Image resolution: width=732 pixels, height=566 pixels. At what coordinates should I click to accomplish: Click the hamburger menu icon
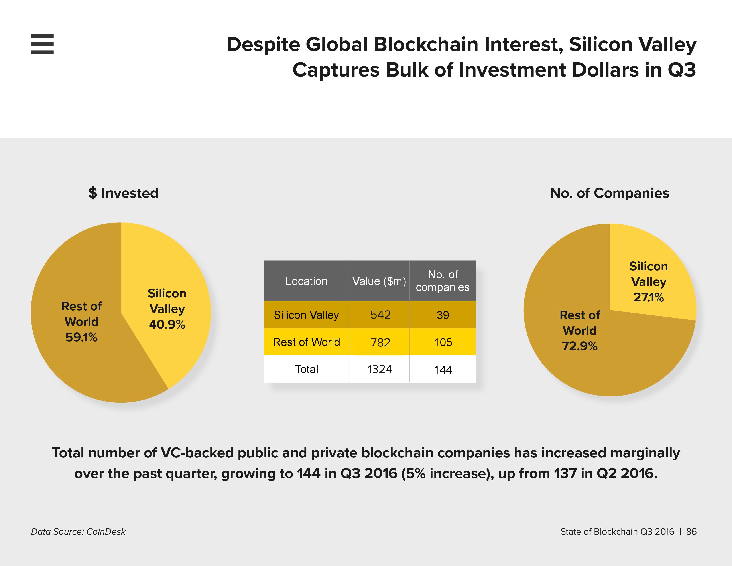click(42, 44)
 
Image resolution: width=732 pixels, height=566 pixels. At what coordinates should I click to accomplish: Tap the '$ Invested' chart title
click(123, 193)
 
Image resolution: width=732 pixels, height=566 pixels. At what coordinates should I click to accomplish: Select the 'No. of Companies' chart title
click(609, 193)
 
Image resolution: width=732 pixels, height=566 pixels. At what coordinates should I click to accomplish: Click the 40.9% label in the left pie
click(167, 324)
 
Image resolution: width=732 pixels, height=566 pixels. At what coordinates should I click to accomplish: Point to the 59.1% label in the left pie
click(81, 337)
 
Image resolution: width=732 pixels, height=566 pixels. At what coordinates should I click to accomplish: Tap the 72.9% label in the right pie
click(579, 346)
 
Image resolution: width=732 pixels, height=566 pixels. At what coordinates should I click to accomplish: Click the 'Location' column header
click(306, 281)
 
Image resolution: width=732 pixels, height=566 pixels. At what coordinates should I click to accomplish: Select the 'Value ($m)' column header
click(379, 281)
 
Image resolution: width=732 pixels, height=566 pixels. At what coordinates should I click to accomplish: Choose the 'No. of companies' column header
click(443, 281)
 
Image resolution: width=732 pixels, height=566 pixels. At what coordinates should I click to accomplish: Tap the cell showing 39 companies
click(443, 315)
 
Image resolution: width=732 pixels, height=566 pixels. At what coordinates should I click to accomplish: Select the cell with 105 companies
click(443, 342)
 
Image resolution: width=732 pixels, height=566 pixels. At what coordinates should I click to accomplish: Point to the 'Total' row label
click(306, 369)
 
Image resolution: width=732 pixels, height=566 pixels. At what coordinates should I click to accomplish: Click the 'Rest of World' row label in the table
click(306, 342)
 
